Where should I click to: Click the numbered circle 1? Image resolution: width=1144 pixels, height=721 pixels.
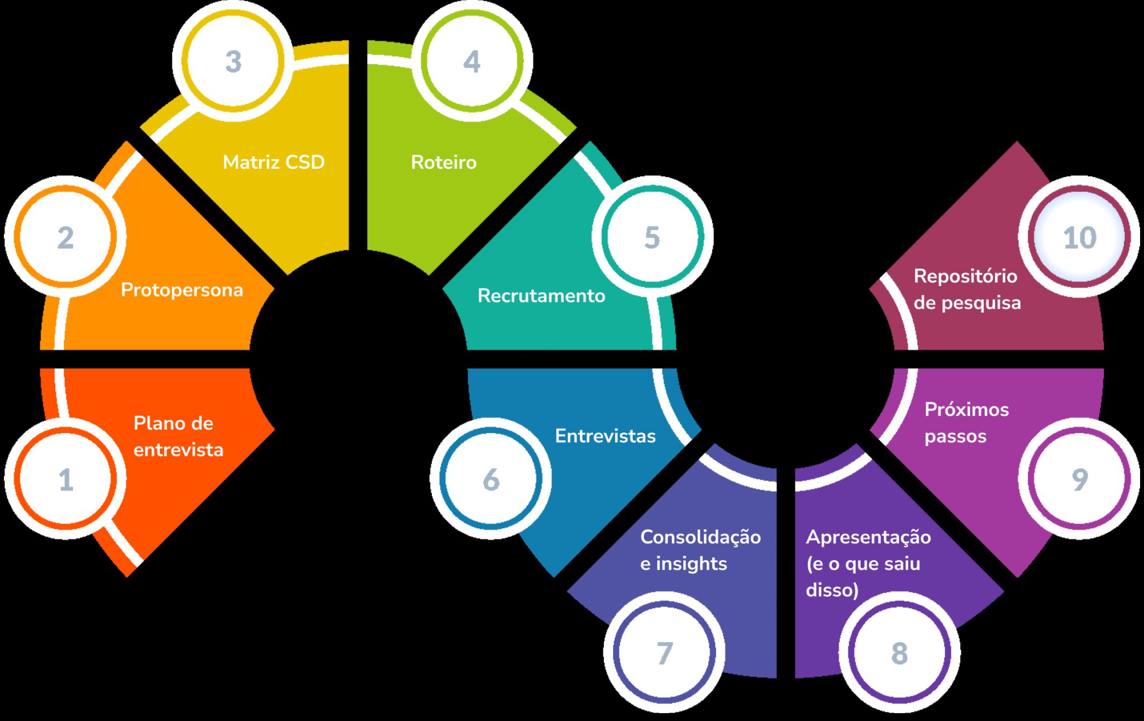coord(65,478)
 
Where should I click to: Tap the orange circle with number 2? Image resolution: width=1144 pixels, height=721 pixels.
coord(65,236)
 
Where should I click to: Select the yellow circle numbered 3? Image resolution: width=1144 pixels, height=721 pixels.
coord(233,60)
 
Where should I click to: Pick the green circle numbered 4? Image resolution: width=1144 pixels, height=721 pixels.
coord(472,60)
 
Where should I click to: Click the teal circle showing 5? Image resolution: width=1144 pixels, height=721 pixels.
coord(652,236)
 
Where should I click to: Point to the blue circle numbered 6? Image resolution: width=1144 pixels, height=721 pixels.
coord(491,478)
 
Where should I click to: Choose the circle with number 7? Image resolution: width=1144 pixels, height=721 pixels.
coord(664,652)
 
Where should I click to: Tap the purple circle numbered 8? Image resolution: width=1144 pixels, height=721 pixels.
coord(899,652)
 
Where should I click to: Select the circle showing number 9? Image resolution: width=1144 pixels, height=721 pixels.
coord(1079,478)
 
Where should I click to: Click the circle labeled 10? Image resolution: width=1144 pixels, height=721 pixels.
coord(1079,236)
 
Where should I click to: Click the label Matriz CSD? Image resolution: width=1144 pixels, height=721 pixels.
coord(274,162)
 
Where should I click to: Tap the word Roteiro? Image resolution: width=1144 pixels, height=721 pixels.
coord(444,162)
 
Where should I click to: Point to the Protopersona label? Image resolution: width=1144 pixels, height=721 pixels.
coord(182,290)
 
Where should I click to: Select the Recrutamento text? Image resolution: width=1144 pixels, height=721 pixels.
coord(541,296)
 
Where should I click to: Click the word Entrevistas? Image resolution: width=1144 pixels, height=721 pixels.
coord(606,436)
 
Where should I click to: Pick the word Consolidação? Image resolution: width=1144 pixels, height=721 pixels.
coord(700,537)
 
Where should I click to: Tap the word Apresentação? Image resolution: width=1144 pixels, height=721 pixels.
coord(869,537)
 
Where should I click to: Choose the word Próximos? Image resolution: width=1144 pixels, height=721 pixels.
coord(967,409)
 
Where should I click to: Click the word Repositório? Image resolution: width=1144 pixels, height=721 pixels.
coord(965,276)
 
